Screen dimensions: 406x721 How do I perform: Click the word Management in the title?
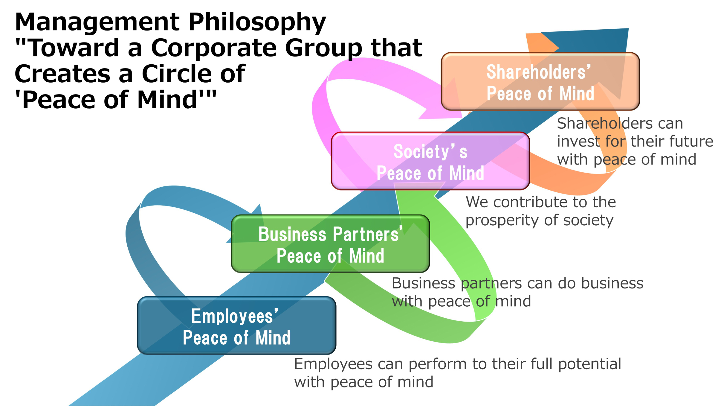click(97, 22)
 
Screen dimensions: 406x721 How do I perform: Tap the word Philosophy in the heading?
click(257, 22)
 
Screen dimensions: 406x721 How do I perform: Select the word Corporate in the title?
click(214, 48)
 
